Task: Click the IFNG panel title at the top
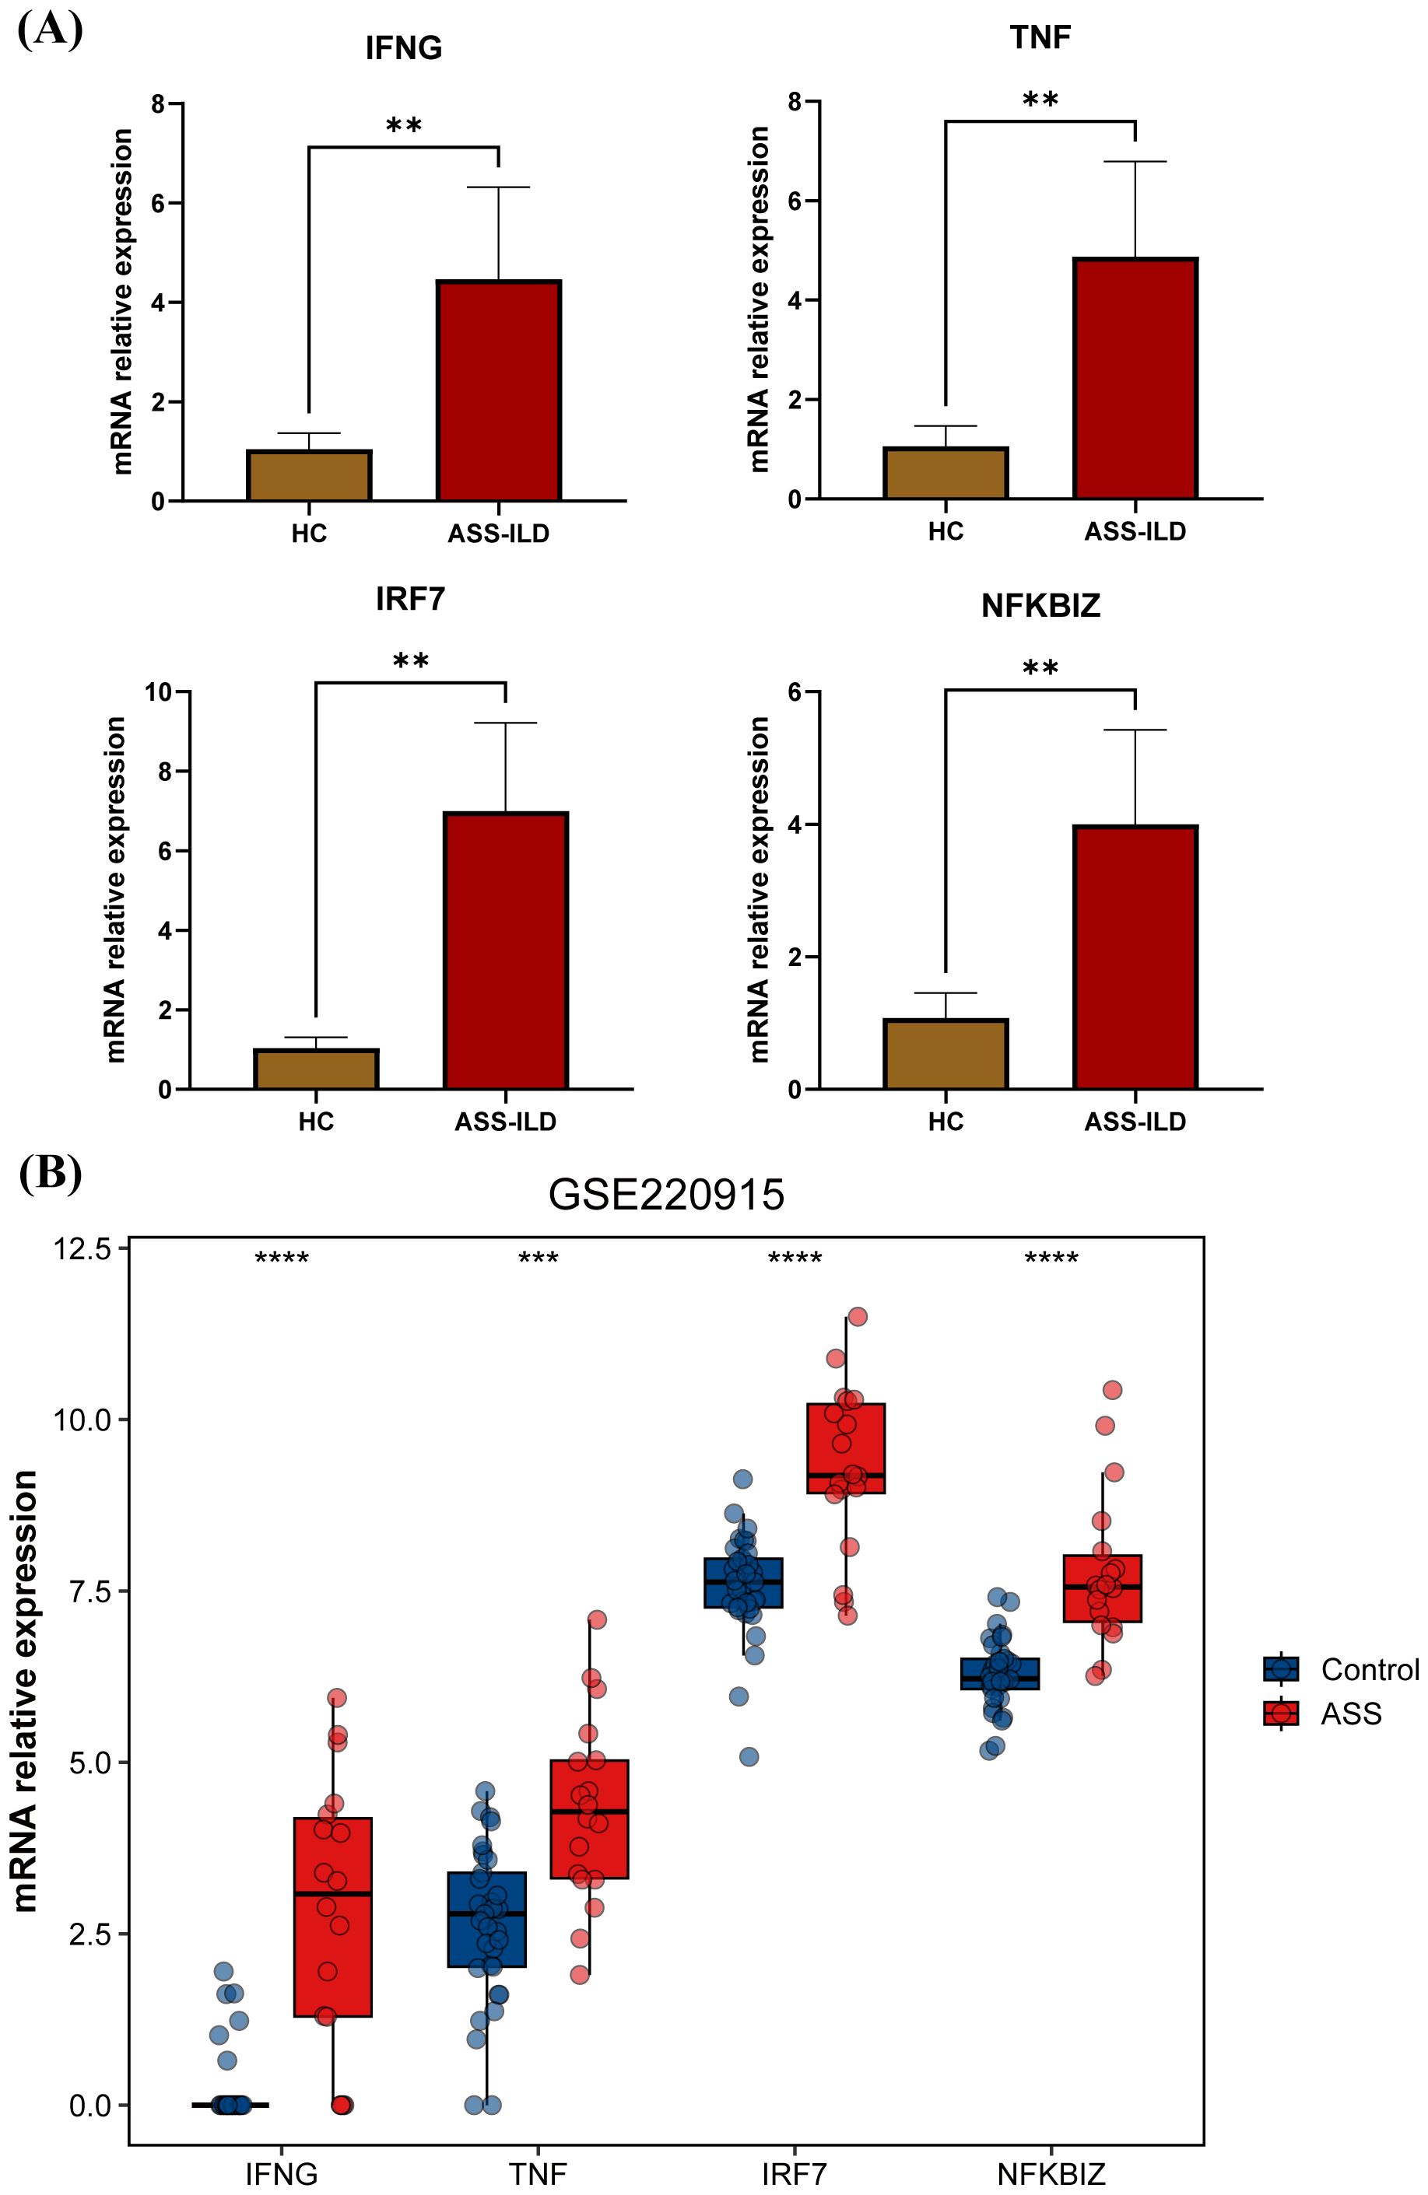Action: [403, 48]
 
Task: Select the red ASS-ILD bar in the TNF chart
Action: [1135, 378]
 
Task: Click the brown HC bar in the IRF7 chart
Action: [315, 1069]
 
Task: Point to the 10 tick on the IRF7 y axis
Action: [161, 691]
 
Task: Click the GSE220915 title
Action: [666, 1195]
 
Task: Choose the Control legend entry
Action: [1342, 1669]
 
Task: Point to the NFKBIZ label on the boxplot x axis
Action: [1051, 2174]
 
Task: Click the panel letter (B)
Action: [50, 1173]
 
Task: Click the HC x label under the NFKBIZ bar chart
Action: [945, 1122]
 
